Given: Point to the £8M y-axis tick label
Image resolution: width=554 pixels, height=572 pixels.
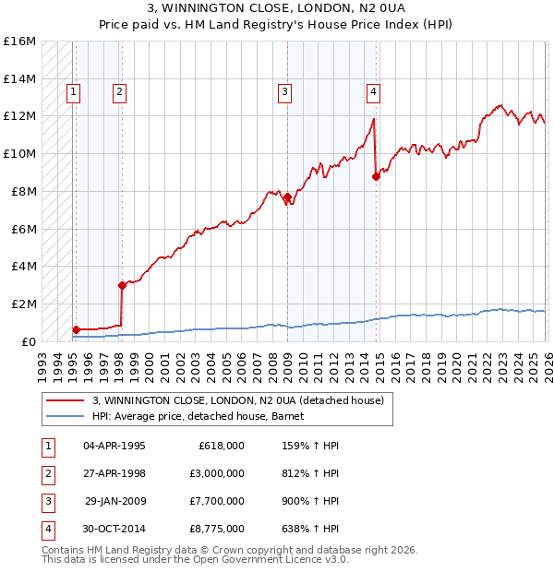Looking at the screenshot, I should click(21, 192).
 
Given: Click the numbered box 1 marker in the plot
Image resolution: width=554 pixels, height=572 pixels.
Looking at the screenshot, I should click(73, 91).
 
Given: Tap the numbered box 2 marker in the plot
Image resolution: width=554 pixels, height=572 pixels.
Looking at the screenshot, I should click(120, 91).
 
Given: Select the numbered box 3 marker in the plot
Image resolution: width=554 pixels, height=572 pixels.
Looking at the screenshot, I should click(285, 91).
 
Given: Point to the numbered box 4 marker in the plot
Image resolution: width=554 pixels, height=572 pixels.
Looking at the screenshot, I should click(373, 91).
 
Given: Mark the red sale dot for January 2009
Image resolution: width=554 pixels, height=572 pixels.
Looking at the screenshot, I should click(287, 197).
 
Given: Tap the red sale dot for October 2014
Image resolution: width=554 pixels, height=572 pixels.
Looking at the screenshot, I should click(376, 177).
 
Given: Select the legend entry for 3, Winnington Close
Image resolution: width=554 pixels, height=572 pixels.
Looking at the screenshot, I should click(237, 400).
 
